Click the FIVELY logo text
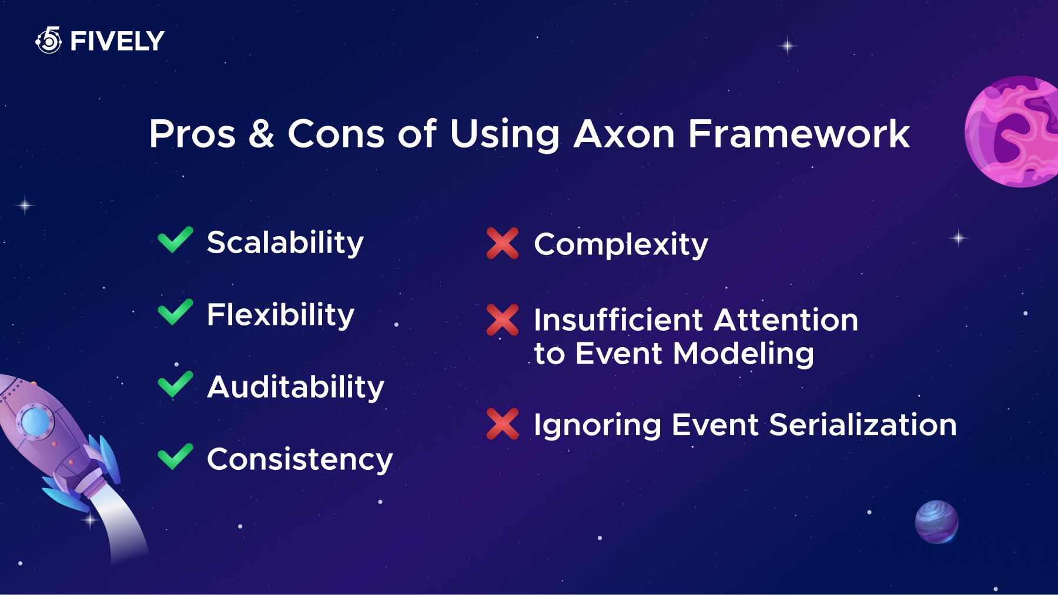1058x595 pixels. pos(117,41)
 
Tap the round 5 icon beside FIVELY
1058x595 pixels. pos(49,40)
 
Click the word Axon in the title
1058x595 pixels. pos(624,134)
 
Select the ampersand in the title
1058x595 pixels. pos(261,134)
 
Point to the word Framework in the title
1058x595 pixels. pos(799,134)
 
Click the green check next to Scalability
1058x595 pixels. pos(175,240)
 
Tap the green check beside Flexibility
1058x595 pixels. pos(175,312)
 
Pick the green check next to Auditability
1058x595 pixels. pos(175,384)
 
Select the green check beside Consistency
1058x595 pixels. pos(175,456)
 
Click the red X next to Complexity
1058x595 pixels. pos(503,243)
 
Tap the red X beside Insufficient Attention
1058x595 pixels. pos(503,320)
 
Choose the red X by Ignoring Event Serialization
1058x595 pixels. pos(503,424)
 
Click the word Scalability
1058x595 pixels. pos(285,243)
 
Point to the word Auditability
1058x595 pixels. pos(296,388)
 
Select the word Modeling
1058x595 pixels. pos(744,354)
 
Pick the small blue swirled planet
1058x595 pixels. pos(936,522)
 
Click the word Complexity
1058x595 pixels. pos(621,245)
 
